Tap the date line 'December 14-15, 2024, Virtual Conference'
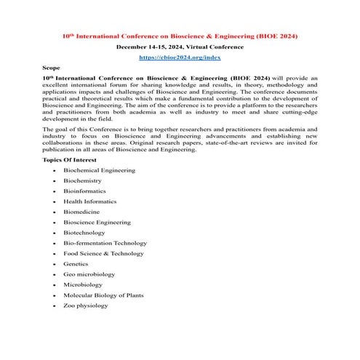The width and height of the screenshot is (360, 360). (x=180, y=46)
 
